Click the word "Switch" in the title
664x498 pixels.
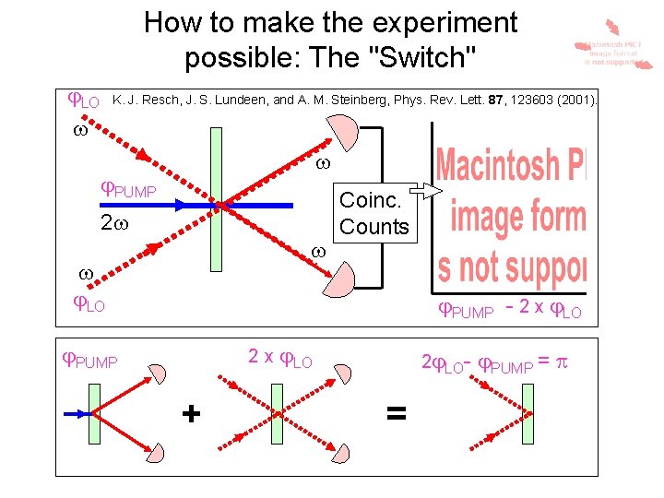[x=421, y=57]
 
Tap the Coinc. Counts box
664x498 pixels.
[x=373, y=213]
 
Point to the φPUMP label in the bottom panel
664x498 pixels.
[x=89, y=362]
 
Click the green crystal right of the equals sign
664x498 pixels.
[x=527, y=414]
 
